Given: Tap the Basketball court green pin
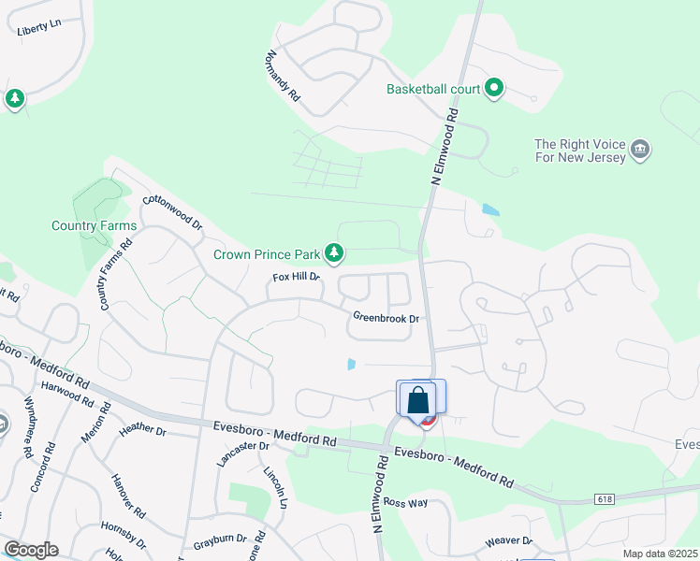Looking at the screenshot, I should tap(494, 90).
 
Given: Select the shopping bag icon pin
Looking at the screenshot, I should tap(419, 399).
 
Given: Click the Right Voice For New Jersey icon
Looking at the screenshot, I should tap(641, 150).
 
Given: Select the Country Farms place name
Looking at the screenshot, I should tap(94, 225).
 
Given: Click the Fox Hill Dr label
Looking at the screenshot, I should tap(296, 277).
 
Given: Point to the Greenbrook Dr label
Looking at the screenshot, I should tap(385, 318).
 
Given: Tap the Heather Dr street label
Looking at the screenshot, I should tap(142, 430).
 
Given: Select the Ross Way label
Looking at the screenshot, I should tap(404, 502).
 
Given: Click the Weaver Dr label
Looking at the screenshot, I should tap(508, 541).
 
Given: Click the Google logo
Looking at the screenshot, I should tap(31, 550).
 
